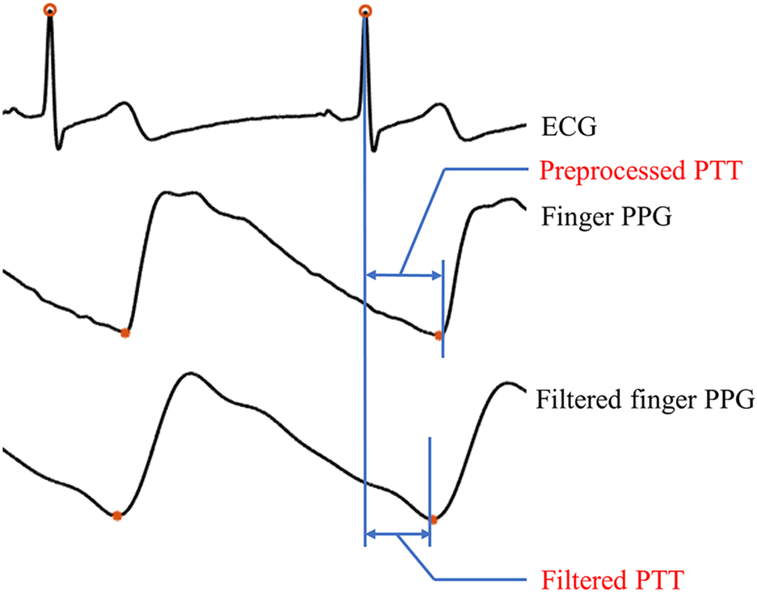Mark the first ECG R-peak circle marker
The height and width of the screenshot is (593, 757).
point(50,11)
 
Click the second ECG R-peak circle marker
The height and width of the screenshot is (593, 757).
point(364,11)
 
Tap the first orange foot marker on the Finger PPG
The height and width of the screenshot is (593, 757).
point(124,333)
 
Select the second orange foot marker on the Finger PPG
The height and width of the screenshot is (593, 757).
point(438,334)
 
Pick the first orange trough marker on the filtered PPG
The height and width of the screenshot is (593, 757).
point(116,515)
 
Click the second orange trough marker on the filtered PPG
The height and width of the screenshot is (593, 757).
point(432,519)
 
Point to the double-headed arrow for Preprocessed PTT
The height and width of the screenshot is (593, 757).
point(404,275)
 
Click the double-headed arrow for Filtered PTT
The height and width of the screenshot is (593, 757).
point(397,534)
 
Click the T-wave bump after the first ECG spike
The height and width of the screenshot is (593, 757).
point(123,104)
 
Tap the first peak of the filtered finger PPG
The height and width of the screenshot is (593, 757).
point(187,374)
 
